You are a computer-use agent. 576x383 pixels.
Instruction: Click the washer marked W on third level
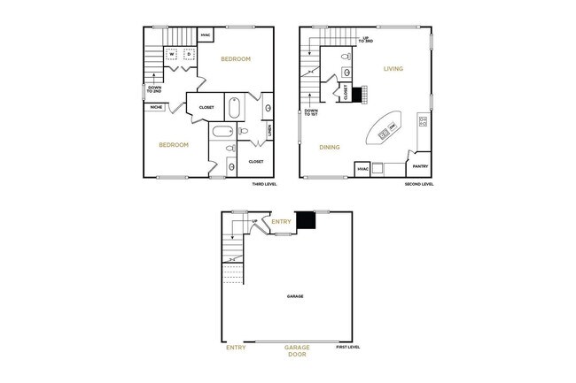click(174, 54)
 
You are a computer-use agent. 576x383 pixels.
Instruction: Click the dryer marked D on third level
click(189, 54)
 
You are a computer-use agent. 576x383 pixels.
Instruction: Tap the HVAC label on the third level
click(206, 36)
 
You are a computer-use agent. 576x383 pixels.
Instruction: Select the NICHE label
click(156, 108)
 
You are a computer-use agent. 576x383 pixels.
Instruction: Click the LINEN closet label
click(269, 131)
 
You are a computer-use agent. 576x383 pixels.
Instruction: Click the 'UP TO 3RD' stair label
click(364, 40)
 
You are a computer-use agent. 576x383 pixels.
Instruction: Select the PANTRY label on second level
click(421, 165)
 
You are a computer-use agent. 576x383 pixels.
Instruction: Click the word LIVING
click(393, 68)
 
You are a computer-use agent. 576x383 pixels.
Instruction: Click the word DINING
click(331, 147)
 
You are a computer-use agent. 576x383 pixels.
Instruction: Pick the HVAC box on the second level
click(362, 168)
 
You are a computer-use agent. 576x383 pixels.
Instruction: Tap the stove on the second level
click(423, 120)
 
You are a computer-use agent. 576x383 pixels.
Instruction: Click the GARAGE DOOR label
click(296, 351)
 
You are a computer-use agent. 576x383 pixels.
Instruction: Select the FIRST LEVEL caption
click(348, 348)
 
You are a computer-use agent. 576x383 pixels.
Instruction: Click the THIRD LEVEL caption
click(265, 185)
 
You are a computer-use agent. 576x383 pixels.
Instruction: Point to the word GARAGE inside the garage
click(295, 296)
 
